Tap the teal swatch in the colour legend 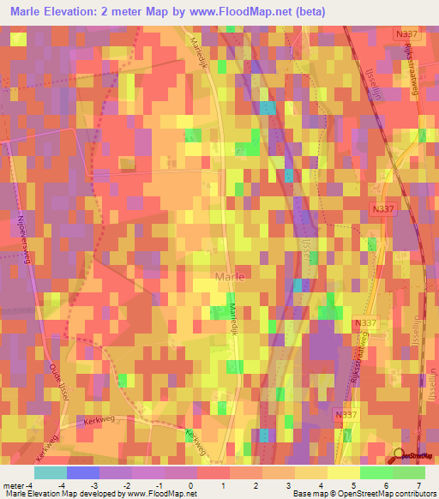(51, 472)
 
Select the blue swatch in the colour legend (83, 472)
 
